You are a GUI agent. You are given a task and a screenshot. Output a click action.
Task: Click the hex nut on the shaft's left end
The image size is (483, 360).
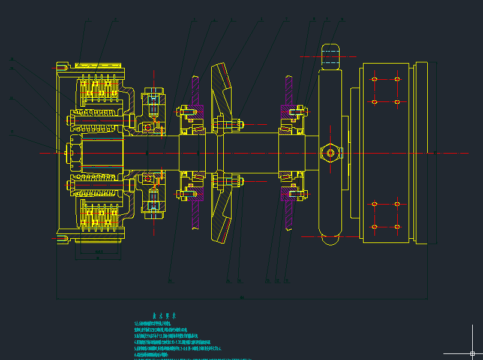pos(72,152)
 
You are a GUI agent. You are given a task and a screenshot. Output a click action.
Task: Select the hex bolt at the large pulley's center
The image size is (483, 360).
pos(331,153)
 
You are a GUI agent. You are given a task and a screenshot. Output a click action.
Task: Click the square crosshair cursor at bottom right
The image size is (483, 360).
pos(473,354)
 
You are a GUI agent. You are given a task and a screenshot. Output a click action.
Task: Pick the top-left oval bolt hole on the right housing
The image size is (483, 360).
pos(374,79)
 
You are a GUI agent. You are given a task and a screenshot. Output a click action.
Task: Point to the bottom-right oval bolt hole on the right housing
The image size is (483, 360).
pos(397,227)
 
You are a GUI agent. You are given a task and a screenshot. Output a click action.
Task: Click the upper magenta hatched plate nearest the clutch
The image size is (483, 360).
pos(196,96)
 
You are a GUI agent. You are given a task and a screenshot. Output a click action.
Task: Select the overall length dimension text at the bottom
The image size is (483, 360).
pos(242,297)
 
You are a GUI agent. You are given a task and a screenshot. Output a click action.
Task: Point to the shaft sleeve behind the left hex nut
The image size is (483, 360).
pos(102,152)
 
